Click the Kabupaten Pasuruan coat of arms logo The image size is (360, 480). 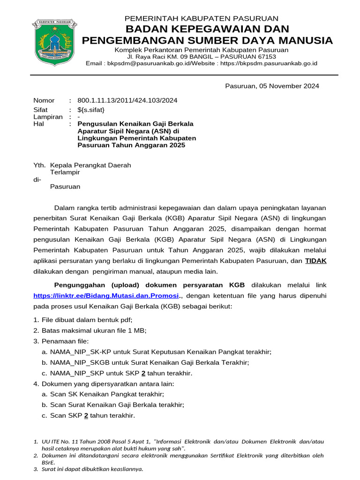pos(54,43)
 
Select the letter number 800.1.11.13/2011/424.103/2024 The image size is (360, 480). pos(127,100)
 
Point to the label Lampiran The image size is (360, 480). pos(48,117)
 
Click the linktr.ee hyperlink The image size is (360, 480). pos(106,296)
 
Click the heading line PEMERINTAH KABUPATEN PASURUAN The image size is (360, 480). pos(201,19)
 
